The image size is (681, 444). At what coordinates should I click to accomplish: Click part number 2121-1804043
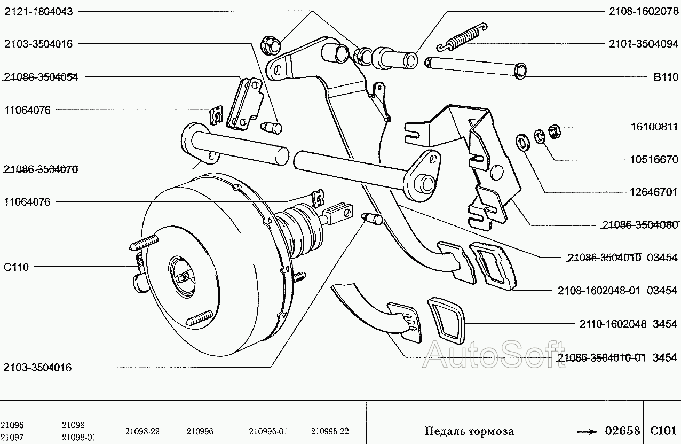coord(38,12)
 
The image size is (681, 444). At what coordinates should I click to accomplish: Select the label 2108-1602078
coord(644,12)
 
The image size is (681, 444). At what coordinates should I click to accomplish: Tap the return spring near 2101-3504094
coord(462,37)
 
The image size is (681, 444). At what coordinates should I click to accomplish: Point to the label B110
coord(666,77)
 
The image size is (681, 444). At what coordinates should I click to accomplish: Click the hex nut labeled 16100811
coord(555,131)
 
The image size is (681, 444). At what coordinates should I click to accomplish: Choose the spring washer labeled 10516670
coord(540,136)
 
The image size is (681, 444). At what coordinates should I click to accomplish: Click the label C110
coord(16,267)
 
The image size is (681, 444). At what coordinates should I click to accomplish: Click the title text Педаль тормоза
coord(469,431)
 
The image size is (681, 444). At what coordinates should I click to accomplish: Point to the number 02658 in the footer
coord(622,430)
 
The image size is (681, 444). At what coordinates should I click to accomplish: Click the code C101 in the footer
coord(663,430)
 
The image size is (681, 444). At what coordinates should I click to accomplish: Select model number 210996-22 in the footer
coord(330,431)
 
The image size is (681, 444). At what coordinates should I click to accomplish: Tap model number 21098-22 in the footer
coord(142,431)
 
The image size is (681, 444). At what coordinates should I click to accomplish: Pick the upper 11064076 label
coord(27,110)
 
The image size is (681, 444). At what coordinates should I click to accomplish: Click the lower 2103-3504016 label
coord(38,367)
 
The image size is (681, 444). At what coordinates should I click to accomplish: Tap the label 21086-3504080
coord(640,224)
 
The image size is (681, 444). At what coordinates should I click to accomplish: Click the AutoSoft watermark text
coord(494,354)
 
